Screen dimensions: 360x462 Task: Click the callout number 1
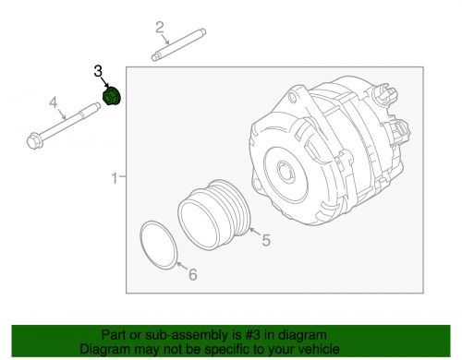pos(115,176)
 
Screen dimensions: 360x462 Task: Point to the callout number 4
pos(54,102)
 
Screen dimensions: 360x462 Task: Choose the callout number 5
pos(265,242)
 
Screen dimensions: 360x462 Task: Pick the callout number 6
pos(192,274)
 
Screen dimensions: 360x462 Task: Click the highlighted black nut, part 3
pos(111,96)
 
